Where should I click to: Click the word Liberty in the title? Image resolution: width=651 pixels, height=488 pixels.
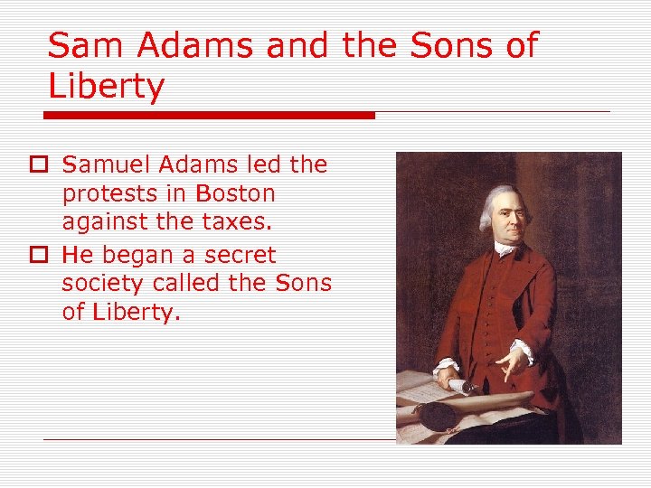click(x=107, y=88)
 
